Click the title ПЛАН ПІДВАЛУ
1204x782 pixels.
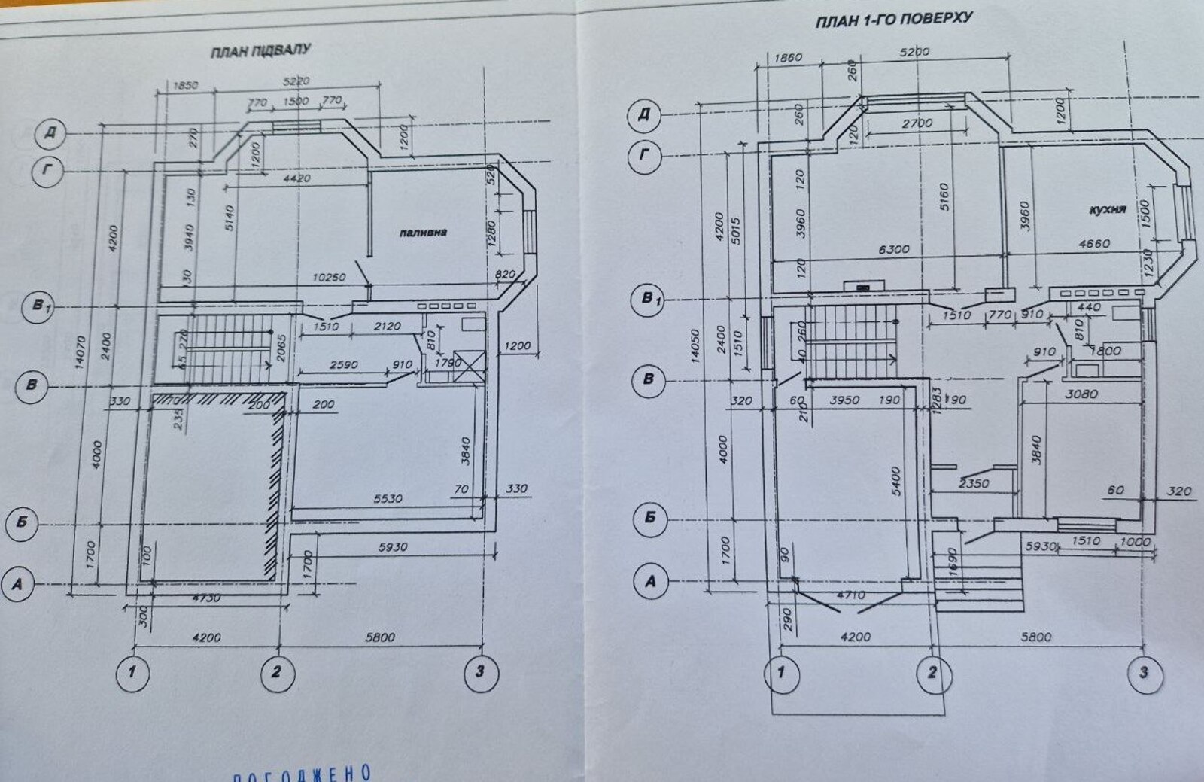tap(260, 52)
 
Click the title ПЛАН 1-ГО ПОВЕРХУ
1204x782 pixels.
tap(894, 18)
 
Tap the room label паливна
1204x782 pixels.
tap(422, 233)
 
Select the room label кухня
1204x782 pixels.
tap(1107, 209)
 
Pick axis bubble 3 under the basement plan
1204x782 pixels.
tap(479, 671)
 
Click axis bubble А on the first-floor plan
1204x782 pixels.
tap(651, 581)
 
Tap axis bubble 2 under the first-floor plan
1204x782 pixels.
tap(932, 671)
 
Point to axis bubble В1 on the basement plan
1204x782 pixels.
tap(38, 307)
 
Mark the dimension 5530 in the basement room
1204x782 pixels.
tap(388, 497)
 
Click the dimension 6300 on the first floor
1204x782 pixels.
tap(893, 249)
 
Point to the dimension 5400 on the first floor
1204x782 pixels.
tap(895, 482)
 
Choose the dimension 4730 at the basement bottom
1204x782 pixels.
tap(205, 598)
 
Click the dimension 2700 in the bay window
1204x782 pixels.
tap(917, 123)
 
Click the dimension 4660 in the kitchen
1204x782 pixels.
tap(1115, 243)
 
